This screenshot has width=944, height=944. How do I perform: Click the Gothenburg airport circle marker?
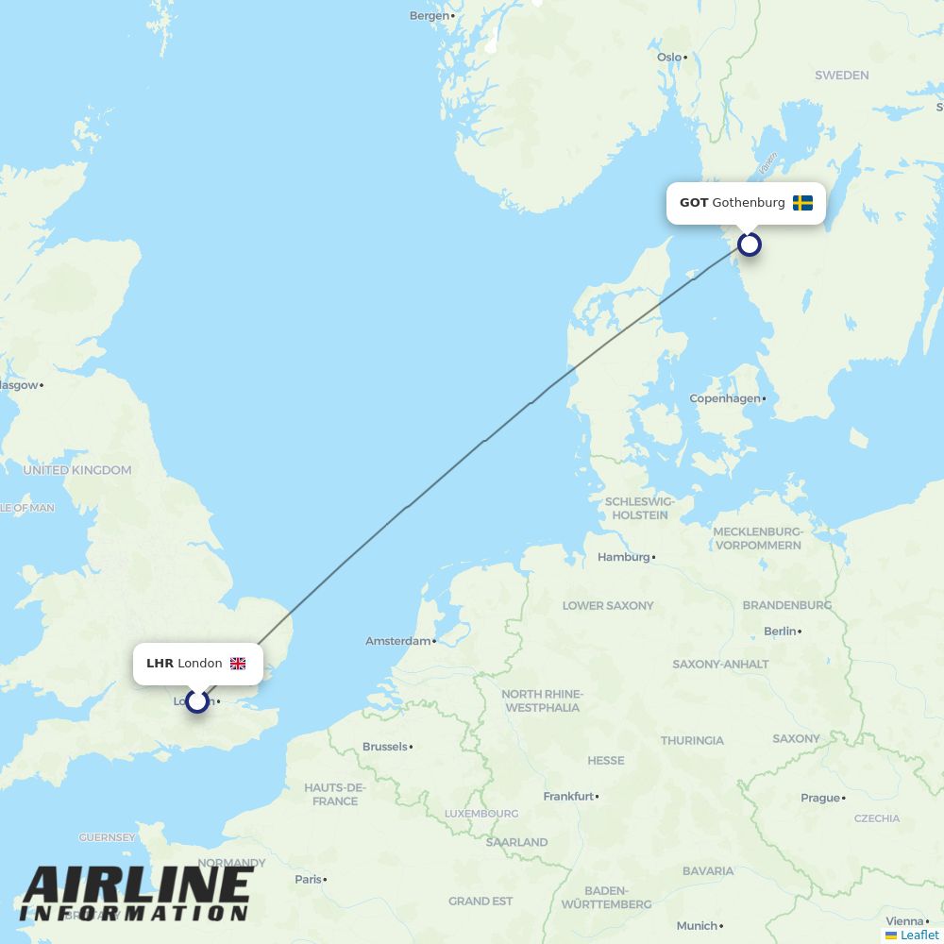749,244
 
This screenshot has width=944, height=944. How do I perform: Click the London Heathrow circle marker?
196,701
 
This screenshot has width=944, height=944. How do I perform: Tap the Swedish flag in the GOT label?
802,203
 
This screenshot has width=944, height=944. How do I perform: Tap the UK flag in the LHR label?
238,664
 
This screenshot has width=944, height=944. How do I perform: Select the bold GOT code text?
694,203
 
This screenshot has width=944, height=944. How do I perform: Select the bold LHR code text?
160,664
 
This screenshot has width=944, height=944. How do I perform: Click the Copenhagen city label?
725,398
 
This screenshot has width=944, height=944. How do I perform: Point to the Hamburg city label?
624,557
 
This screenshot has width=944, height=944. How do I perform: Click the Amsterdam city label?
398,641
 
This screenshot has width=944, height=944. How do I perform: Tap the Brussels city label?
385,747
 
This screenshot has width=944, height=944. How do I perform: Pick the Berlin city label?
780,631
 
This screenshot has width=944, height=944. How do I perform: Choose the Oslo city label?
669,58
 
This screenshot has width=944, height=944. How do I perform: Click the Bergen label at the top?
430,16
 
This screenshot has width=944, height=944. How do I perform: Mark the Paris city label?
308,879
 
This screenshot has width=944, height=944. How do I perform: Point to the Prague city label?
820,798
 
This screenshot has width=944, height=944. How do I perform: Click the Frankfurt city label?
568,797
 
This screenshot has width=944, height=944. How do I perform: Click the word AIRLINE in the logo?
137,885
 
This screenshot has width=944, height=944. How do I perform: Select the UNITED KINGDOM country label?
77,470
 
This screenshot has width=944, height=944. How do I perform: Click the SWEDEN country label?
841,75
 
